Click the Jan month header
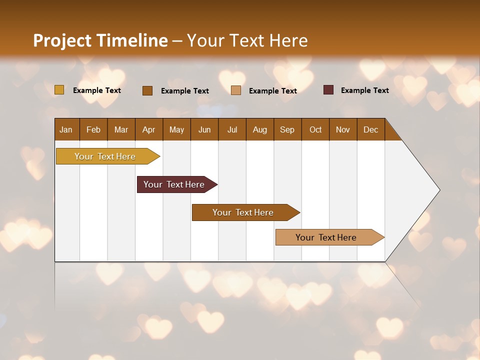66,129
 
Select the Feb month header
93,129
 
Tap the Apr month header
148,129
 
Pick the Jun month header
204,129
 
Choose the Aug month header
259,129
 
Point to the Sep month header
287,129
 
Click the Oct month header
315,129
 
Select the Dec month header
370,129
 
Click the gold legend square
59,90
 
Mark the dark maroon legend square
328,90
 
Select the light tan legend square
236,90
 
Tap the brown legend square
147,90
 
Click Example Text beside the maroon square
364,90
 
